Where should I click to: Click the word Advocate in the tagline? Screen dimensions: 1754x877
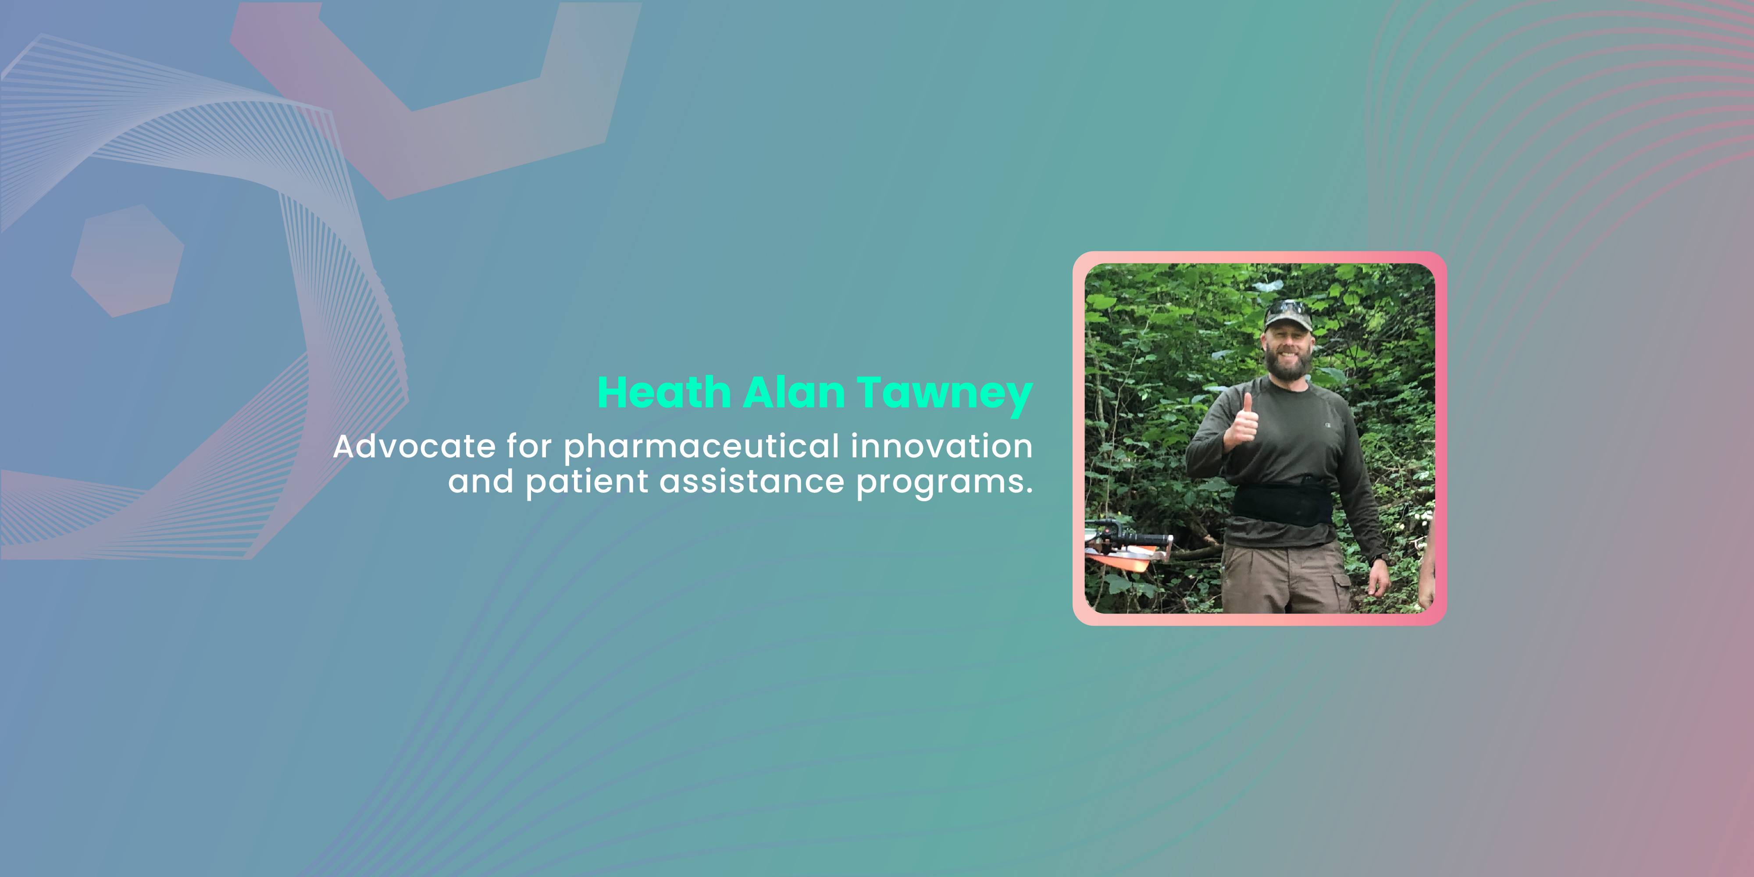pyautogui.click(x=414, y=447)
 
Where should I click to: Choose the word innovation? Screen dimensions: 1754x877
pyautogui.click(x=942, y=447)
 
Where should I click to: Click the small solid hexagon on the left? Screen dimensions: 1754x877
pyautogui.click(x=127, y=261)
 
